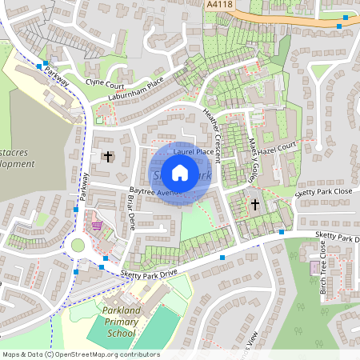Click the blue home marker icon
click(180, 173)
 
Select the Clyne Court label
click(106, 83)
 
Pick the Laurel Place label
click(194, 150)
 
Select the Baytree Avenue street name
click(154, 193)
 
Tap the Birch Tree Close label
click(323, 267)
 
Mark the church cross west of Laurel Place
click(107, 156)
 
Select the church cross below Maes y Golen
click(255, 205)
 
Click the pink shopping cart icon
click(97, 226)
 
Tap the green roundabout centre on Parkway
click(78, 246)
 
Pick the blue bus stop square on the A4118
click(340, 26)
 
